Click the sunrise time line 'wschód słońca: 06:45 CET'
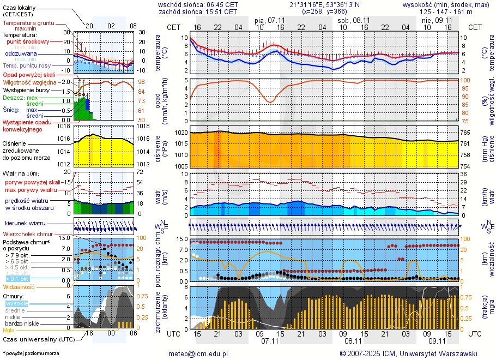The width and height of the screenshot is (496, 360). pyautogui.click(x=198, y=4)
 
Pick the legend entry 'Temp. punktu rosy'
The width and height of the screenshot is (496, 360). pyautogui.click(x=27, y=65)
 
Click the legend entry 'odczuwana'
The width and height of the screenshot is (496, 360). pyautogui.click(x=21, y=54)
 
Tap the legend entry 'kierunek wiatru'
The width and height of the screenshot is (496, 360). pyautogui.click(x=26, y=224)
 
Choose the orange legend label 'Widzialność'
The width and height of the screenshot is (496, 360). pyautogui.click(x=19, y=286)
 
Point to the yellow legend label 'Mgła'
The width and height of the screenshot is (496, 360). pyautogui.click(x=9, y=330)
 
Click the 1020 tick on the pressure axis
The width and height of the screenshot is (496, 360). pyautogui.click(x=181, y=133)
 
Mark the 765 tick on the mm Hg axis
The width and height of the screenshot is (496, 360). pyautogui.click(x=467, y=133)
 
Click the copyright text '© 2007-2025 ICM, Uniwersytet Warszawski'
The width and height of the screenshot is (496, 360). pyautogui.click(x=408, y=353)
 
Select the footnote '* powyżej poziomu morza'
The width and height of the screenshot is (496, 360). pyautogui.click(x=31, y=353)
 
